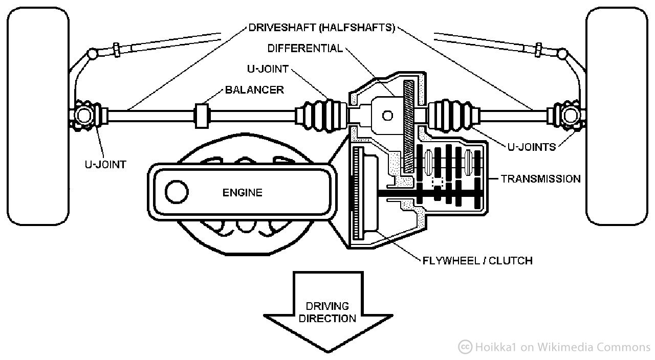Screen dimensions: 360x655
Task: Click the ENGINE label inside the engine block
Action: (x=242, y=193)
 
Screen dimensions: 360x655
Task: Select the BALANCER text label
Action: (x=254, y=90)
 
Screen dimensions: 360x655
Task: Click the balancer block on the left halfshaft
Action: (x=203, y=116)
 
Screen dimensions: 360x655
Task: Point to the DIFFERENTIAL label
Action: (x=305, y=49)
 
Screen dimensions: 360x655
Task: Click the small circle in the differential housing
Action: (x=387, y=116)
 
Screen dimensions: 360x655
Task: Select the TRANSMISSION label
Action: (x=540, y=179)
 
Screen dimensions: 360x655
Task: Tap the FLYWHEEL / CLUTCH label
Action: (x=477, y=261)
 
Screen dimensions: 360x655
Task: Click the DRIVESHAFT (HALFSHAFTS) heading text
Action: (x=322, y=28)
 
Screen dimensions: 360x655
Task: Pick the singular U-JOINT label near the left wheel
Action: (x=105, y=165)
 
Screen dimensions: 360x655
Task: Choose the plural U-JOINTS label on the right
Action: (x=532, y=147)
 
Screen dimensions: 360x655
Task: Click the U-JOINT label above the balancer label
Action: (x=268, y=69)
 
